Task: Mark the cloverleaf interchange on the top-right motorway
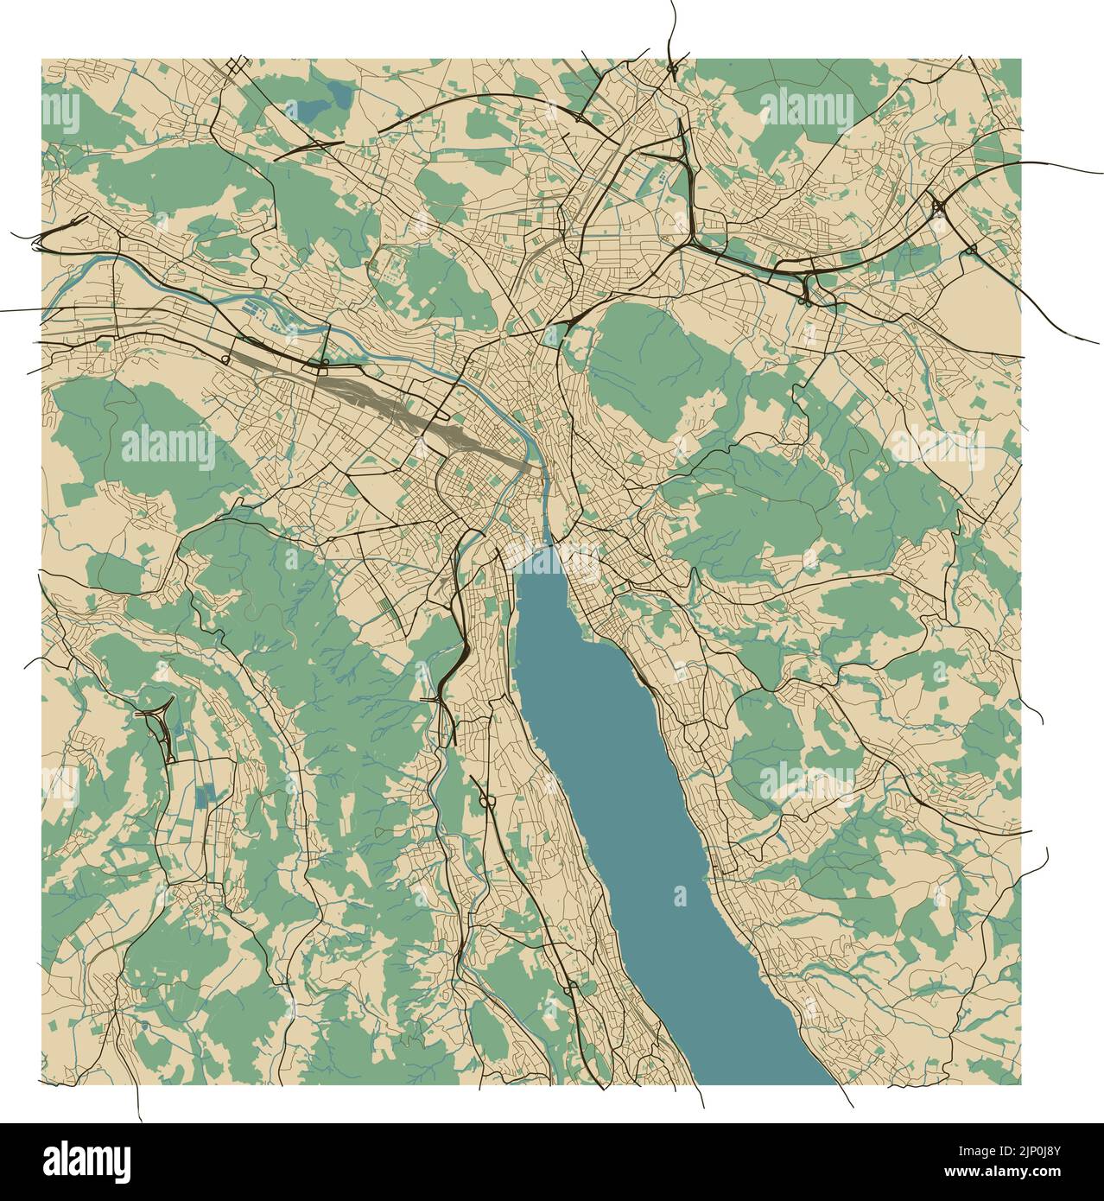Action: pyautogui.click(x=939, y=207)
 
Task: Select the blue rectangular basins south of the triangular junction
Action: pyautogui.click(x=205, y=795)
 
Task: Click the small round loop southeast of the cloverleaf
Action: pyautogui.click(x=971, y=251)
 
